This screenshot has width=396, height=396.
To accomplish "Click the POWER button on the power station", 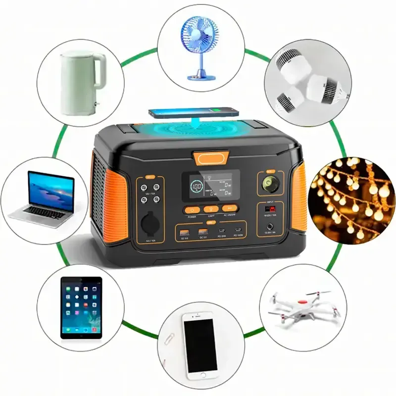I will [192, 210].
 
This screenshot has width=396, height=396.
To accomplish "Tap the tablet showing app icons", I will [81, 307].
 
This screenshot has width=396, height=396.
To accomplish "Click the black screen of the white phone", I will [201, 345].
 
